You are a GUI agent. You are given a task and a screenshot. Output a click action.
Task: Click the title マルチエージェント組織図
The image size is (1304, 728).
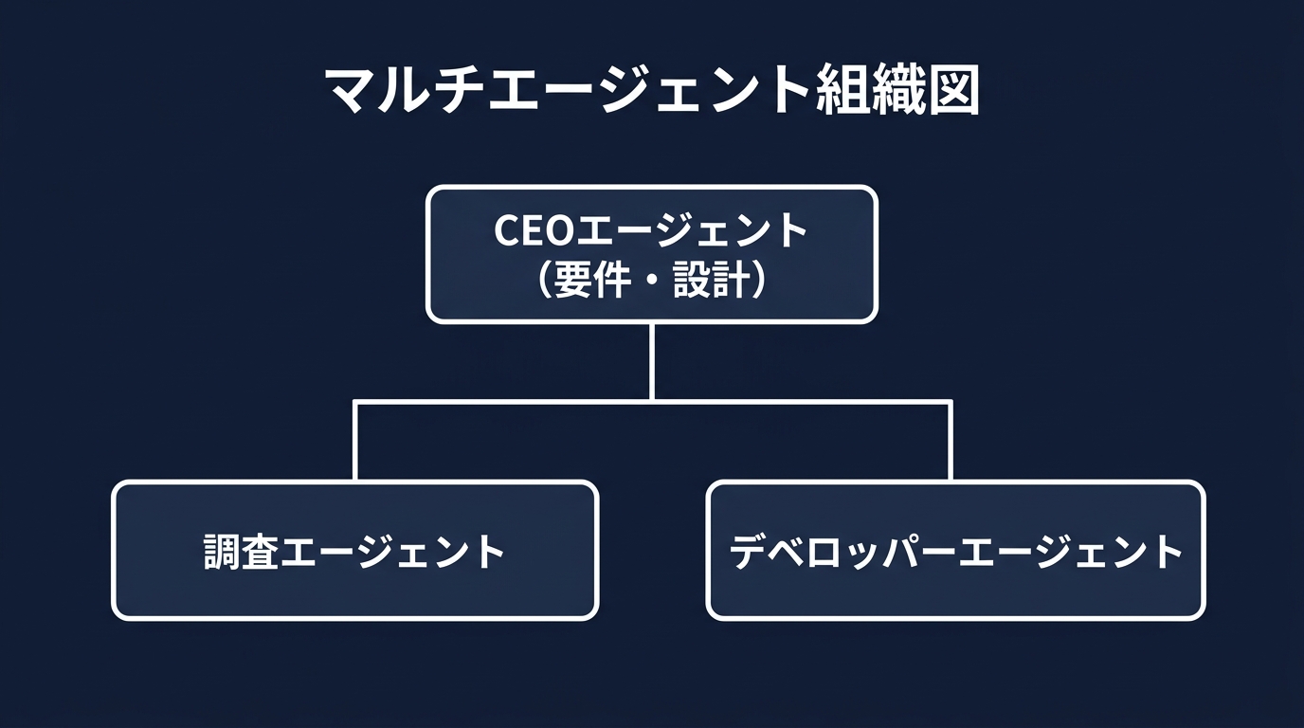[651, 92]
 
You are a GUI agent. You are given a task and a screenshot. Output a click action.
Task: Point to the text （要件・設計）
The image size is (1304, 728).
[651, 281]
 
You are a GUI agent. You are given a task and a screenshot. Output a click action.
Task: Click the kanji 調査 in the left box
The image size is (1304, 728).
[242, 552]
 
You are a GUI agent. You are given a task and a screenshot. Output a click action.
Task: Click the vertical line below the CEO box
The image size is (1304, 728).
[652, 360]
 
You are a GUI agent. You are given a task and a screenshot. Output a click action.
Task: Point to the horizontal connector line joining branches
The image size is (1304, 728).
[502, 402]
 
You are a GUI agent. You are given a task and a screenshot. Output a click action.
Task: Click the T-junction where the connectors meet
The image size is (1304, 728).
[652, 402]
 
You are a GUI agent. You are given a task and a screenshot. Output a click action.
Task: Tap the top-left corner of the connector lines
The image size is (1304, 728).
[354, 402]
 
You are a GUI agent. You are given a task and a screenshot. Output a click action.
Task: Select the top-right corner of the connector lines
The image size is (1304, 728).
[950, 402]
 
